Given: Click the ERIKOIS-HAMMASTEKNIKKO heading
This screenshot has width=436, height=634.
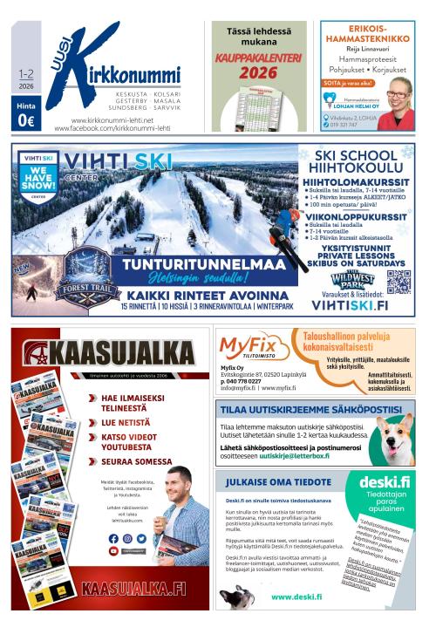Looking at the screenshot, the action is coord(367,35).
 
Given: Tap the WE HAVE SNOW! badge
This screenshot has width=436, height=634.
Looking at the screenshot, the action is coord(37,177).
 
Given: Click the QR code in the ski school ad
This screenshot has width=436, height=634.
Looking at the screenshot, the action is coord(399,282).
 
